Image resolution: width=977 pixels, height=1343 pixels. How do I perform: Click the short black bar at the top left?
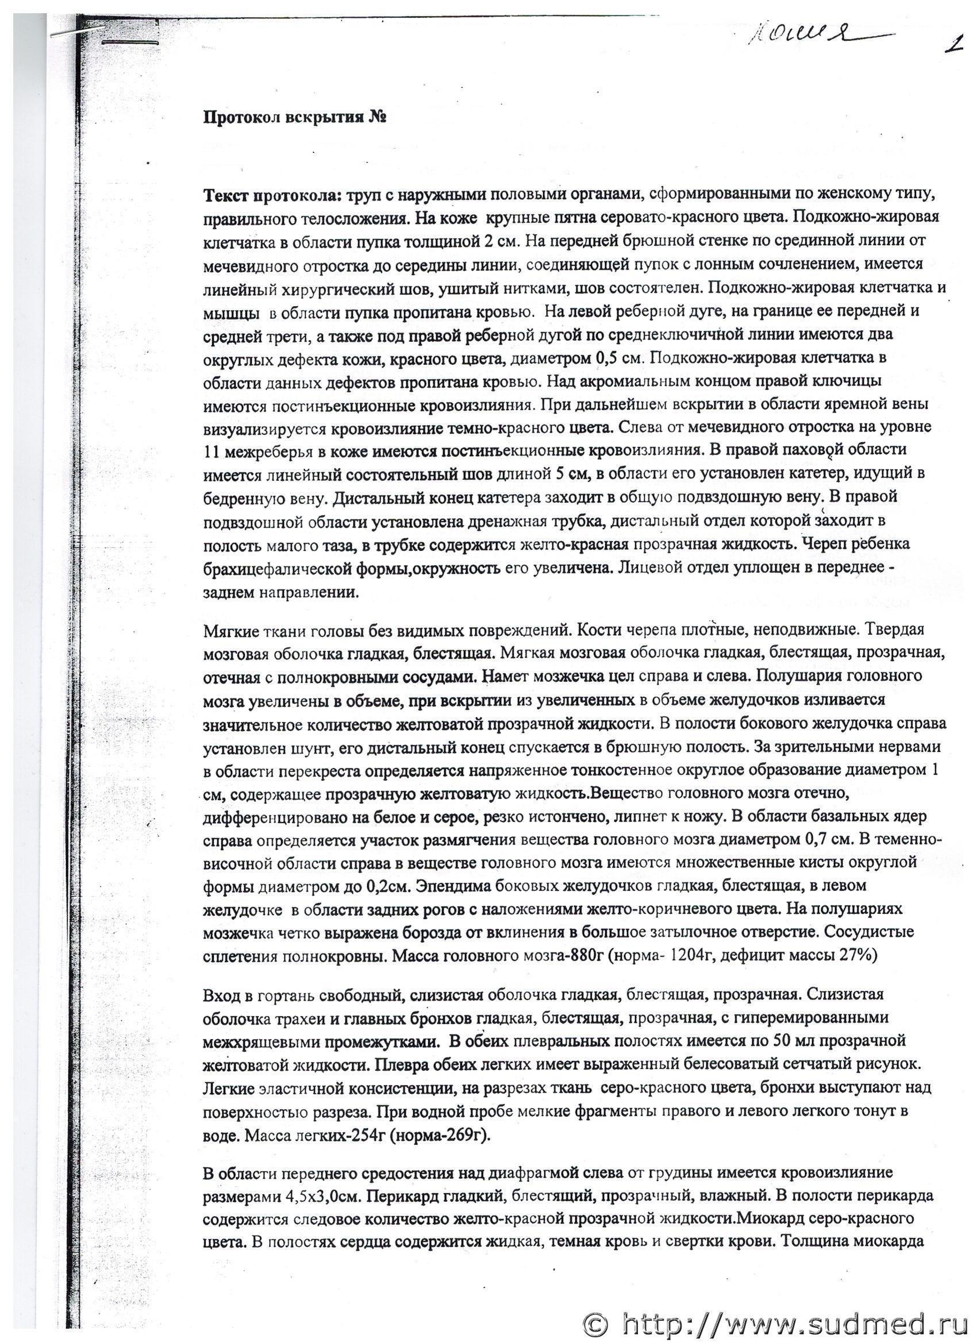tap(130, 42)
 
